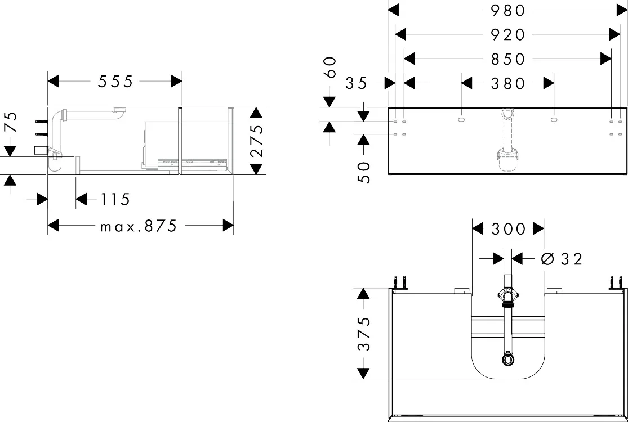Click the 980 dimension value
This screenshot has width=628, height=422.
[x=507, y=10]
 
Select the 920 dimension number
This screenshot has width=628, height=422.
[x=507, y=35]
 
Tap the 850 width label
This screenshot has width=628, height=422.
[x=507, y=59]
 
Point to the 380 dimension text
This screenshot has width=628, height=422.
[x=507, y=84]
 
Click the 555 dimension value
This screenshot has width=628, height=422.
[x=115, y=82]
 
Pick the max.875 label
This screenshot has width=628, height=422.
[x=138, y=226]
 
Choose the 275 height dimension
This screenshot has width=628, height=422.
[x=256, y=141]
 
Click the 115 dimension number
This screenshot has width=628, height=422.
[x=115, y=199]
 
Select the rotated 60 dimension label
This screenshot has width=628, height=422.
[x=329, y=67]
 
